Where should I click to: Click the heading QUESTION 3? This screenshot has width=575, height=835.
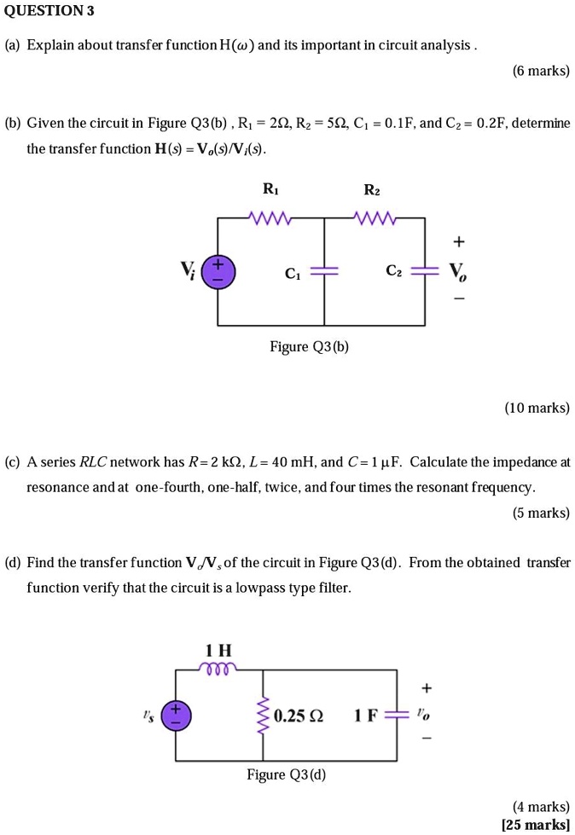pyautogui.click(x=49, y=11)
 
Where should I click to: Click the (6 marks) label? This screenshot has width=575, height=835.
pyautogui.click(x=541, y=71)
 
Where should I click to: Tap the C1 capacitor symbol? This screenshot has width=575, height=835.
pyautogui.click(x=324, y=273)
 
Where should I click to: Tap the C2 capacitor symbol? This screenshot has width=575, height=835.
pyautogui.click(x=425, y=273)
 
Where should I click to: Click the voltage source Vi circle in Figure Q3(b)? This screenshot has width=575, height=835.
pyautogui.click(x=218, y=272)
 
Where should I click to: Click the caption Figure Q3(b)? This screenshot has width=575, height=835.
pyautogui.click(x=309, y=347)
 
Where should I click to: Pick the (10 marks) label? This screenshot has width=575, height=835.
pyautogui.click(x=537, y=408)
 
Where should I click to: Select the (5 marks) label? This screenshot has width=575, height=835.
pyautogui.click(x=541, y=513)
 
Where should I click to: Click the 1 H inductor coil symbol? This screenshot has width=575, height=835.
pyautogui.click(x=219, y=670)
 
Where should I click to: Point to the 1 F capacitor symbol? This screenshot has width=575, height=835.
pyautogui.click(x=397, y=715)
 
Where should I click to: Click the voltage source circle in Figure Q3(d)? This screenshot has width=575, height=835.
pyautogui.click(x=177, y=715)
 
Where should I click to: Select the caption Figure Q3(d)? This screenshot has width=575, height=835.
pyautogui.click(x=286, y=774)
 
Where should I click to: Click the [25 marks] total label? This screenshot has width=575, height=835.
pyautogui.click(x=536, y=824)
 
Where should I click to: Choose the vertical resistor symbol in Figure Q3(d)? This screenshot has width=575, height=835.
pyautogui.click(x=262, y=715)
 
